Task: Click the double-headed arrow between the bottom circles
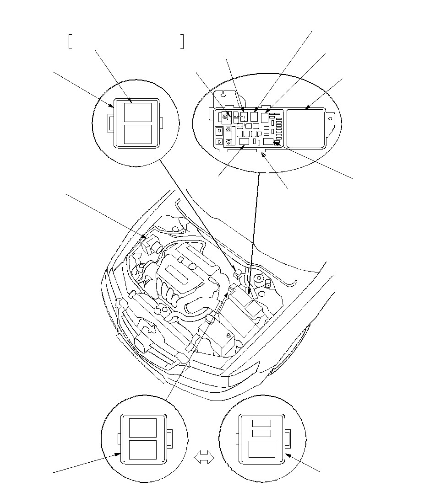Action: click(x=205, y=457)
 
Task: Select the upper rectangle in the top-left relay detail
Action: click(x=138, y=112)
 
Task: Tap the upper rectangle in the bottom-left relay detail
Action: click(x=143, y=427)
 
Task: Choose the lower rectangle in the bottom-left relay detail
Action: click(x=143, y=450)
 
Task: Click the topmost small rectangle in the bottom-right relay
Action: click(x=261, y=423)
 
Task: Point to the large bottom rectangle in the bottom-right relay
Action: click(x=261, y=450)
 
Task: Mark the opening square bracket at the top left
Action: click(x=70, y=41)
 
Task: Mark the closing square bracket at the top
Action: click(x=182, y=41)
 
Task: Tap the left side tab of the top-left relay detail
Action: click(x=110, y=123)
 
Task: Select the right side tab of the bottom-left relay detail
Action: click(x=169, y=439)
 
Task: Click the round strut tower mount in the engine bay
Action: click(x=259, y=278)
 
